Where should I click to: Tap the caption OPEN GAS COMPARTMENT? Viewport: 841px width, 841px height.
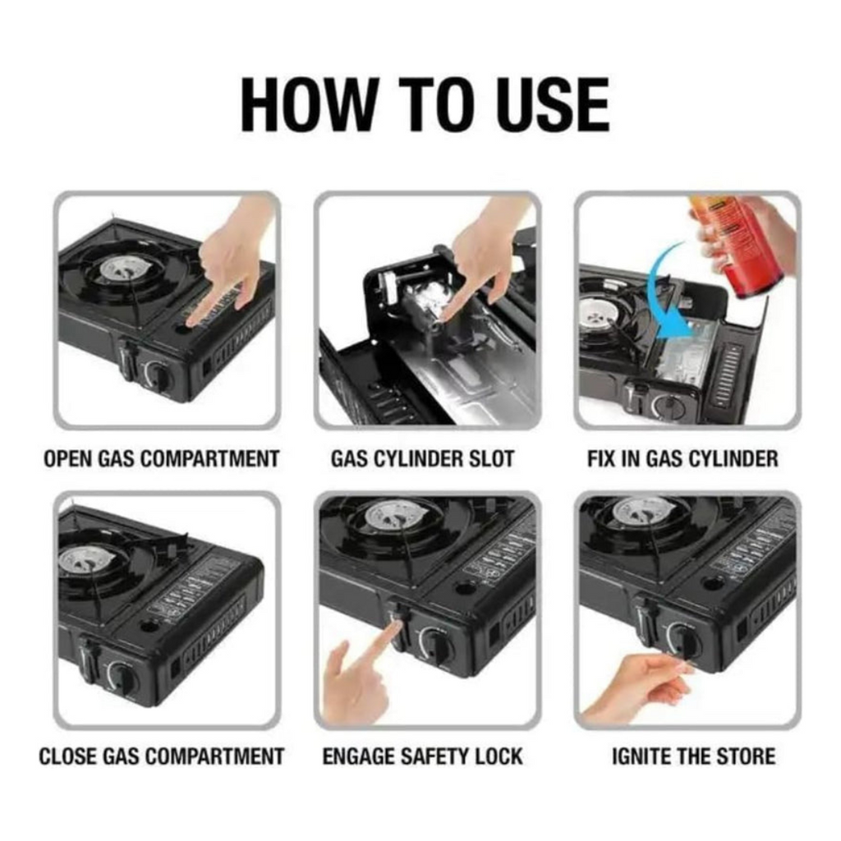(x=162, y=459)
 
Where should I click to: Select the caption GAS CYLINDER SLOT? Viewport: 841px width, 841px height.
(x=423, y=459)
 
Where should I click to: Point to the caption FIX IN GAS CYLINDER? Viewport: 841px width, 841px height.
(x=682, y=459)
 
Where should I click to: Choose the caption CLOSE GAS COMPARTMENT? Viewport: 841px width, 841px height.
(x=162, y=756)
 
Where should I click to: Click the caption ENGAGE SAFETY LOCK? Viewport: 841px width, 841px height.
(x=423, y=756)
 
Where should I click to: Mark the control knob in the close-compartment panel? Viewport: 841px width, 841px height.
(x=122, y=676)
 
